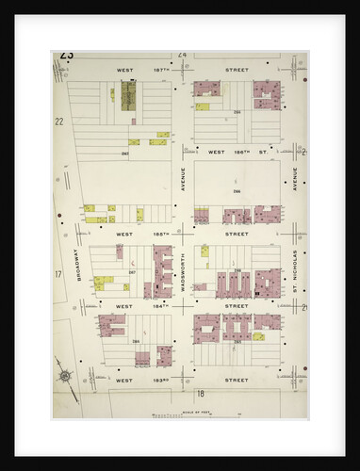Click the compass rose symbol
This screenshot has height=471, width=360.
pos(65,375)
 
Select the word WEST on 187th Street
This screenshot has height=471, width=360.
pos(124,70)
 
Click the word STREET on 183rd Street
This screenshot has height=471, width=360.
pos(236,381)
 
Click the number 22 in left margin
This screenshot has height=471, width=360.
pos(58,122)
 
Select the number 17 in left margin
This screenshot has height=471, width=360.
pos(58,274)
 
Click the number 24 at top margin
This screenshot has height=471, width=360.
pos(182,56)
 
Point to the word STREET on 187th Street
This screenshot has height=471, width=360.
pos(236,70)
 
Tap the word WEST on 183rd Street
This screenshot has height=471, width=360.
pos(123,381)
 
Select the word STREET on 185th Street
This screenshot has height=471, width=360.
pos(236,233)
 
